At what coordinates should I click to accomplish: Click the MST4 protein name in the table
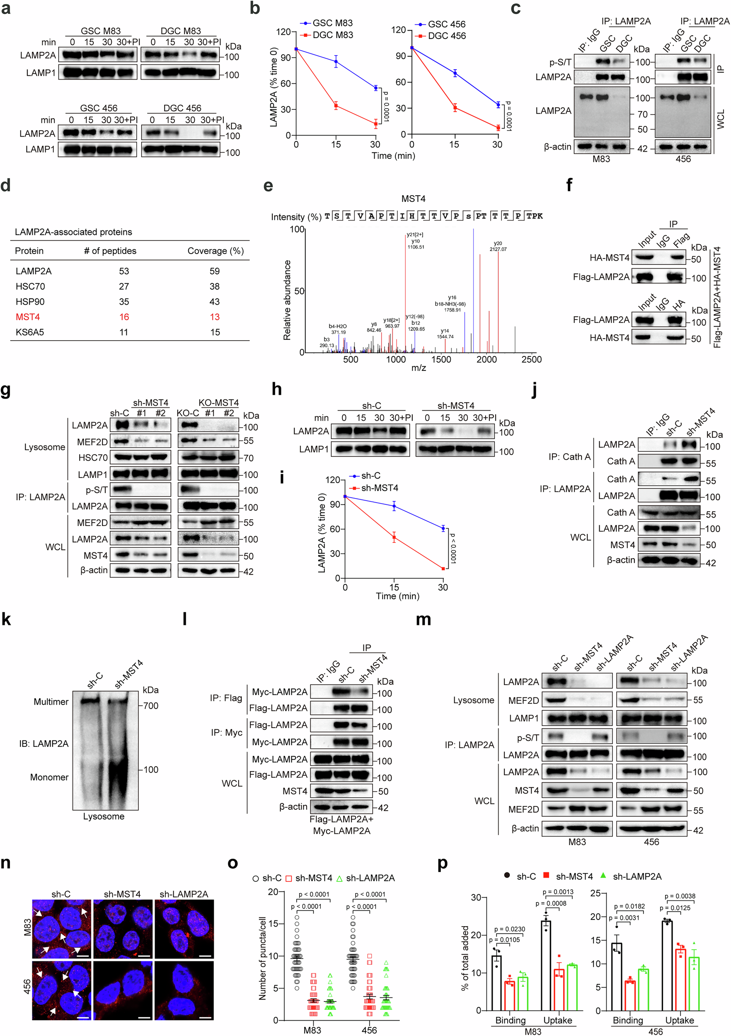coord(27,317)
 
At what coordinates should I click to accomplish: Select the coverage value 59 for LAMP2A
coord(214,271)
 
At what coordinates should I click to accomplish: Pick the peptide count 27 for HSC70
coord(123,286)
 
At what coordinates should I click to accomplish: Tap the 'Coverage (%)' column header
coord(215,251)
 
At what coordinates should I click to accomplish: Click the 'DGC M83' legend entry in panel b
coord(333,35)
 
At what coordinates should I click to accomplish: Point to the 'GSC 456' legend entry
coord(446,24)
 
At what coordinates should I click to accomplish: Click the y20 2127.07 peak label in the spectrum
coord(498,247)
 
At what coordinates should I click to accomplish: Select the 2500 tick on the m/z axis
coord(532,360)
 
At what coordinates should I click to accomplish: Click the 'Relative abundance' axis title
coord(287,300)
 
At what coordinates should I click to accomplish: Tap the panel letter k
coord(6,619)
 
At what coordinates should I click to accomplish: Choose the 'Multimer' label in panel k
coord(51,702)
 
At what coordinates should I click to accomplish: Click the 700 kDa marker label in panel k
coord(151,706)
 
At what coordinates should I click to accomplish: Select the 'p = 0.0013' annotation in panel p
coord(558,892)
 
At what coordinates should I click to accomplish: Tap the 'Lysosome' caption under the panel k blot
coord(104,816)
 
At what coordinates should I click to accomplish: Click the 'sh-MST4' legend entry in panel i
coord(380,488)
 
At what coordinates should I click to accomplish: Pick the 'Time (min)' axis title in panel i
coord(397,596)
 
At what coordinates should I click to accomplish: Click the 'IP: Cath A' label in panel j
coord(569,457)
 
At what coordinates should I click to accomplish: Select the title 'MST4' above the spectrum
coord(413,199)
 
